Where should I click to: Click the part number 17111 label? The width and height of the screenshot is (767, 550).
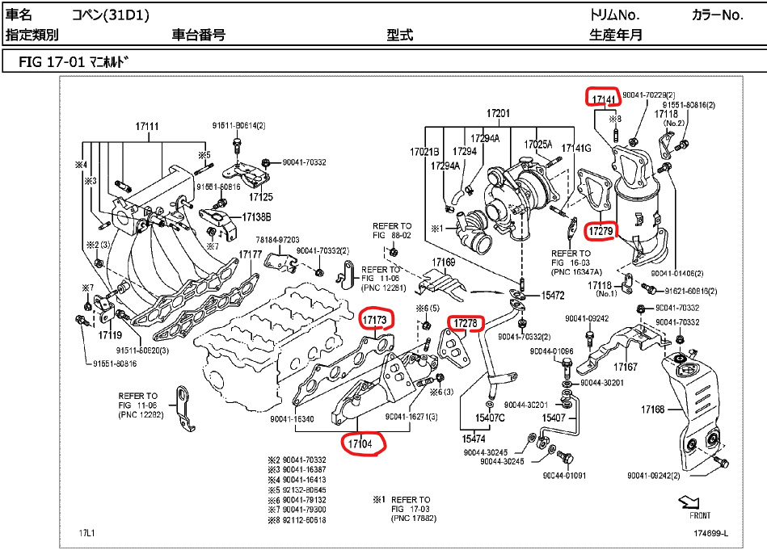pyautogui.click(x=147, y=126)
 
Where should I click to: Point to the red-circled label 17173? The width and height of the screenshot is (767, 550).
pyautogui.click(x=377, y=321)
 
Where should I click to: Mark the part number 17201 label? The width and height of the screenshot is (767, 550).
pyautogui.click(x=499, y=113)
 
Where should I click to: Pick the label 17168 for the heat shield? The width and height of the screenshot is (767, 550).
pyautogui.click(x=652, y=409)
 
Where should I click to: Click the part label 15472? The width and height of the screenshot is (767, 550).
pyautogui.click(x=553, y=296)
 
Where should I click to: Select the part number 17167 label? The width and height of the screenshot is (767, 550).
pyautogui.click(x=626, y=367)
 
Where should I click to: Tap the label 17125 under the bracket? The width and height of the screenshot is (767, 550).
pyautogui.click(x=261, y=196)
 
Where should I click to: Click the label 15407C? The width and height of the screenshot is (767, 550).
pyautogui.click(x=489, y=418)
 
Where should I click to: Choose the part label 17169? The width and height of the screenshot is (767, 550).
pyautogui.click(x=443, y=262)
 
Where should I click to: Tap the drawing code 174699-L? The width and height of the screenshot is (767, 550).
pyautogui.click(x=710, y=533)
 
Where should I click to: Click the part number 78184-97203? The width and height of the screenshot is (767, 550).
pyautogui.click(x=278, y=240)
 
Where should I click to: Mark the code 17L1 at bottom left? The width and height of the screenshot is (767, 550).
pyautogui.click(x=87, y=533)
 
